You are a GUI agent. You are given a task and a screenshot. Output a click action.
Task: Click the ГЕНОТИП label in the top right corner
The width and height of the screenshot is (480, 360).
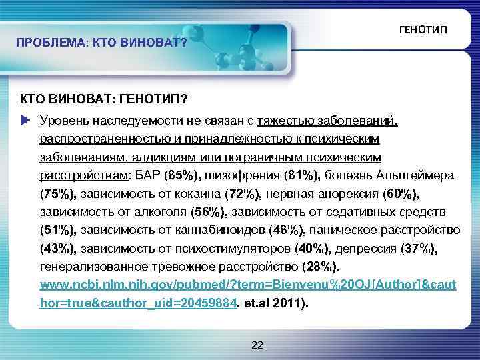423,31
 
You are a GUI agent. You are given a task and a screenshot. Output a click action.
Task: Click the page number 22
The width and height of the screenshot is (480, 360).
258,345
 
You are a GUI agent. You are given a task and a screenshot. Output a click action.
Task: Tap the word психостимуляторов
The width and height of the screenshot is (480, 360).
237,248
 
